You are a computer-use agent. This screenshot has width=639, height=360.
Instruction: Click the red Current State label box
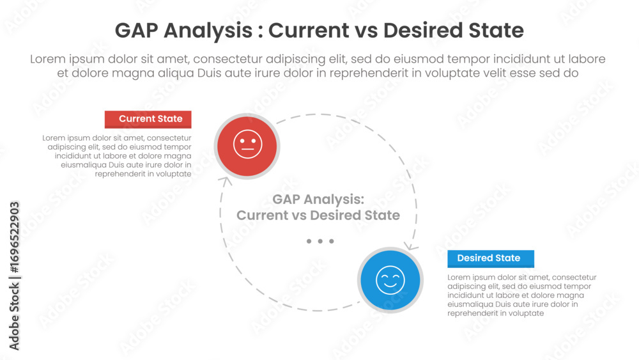[148, 119]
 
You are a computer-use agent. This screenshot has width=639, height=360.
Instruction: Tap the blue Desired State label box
[491, 258]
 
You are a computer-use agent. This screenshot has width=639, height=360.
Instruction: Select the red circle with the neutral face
[247, 146]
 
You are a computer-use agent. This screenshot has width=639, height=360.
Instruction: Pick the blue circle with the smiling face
[390, 280]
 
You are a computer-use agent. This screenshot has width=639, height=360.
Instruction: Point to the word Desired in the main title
[423, 31]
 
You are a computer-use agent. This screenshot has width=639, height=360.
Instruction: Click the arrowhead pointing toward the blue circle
[411, 246]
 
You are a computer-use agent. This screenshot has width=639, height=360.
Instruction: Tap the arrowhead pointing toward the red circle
[225, 181]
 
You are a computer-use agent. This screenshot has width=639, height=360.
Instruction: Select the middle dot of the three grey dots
[320, 241]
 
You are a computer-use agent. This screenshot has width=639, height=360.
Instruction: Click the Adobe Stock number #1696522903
[14, 237]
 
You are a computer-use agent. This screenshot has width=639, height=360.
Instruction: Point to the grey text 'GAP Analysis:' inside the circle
[318, 200]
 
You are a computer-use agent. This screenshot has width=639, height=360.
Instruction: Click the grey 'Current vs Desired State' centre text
[318, 215]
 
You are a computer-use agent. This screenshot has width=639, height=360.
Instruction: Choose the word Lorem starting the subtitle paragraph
[48, 59]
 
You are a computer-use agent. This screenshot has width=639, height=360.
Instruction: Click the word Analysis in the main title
[208, 31]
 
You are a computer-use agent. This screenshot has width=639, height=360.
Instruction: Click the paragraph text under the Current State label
[117, 156]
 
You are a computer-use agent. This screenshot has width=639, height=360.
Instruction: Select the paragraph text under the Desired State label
[522, 295]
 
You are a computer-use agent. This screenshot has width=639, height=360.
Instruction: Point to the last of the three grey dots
[332, 241]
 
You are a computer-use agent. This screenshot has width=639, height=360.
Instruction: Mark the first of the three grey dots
[309, 241]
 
